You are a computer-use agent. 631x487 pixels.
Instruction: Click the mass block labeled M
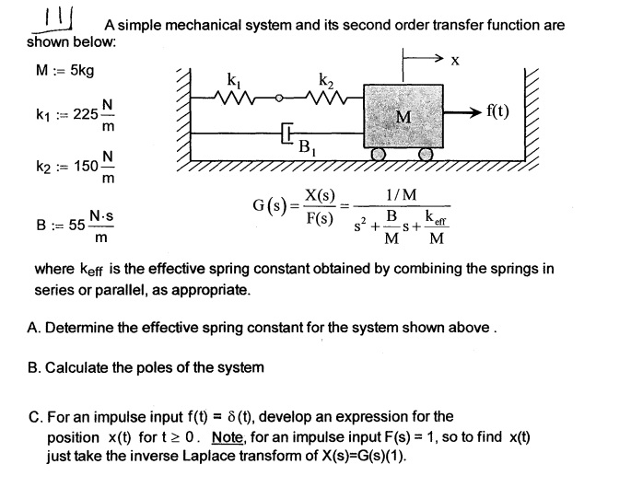coord(403,116)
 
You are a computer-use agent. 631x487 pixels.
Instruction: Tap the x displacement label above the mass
coord(453,61)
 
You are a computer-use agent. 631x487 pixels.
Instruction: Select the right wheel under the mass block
coord(425,156)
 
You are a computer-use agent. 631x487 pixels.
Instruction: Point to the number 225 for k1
coord(86,114)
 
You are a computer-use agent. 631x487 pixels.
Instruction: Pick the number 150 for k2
coord(86,166)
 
